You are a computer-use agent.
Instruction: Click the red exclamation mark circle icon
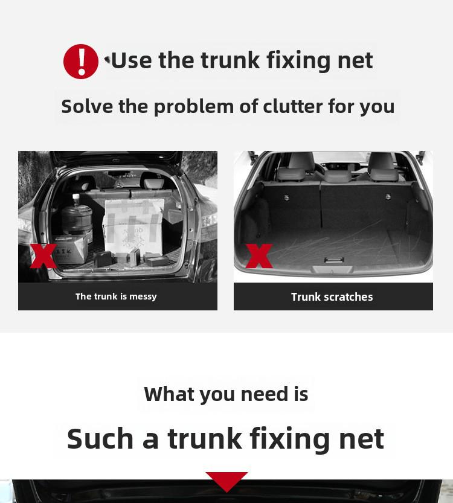tap(81, 61)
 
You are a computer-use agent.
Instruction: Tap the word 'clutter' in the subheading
tap(292, 106)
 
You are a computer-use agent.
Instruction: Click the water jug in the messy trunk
tap(77, 215)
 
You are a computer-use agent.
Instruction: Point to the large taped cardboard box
tap(133, 226)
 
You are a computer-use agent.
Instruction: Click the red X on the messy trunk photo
tap(43, 255)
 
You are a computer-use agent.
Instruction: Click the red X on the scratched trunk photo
tap(259, 255)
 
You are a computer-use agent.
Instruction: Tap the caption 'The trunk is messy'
tap(116, 296)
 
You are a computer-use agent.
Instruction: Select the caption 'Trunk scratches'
tap(332, 296)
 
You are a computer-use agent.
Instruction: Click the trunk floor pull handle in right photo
tap(333, 260)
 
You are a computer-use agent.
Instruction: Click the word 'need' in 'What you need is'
tap(265, 394)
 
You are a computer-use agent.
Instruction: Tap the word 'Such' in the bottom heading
tap(100, 438)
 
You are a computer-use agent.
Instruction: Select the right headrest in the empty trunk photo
tap(384, 166)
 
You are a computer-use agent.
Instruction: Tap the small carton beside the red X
tap(70, 249)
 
